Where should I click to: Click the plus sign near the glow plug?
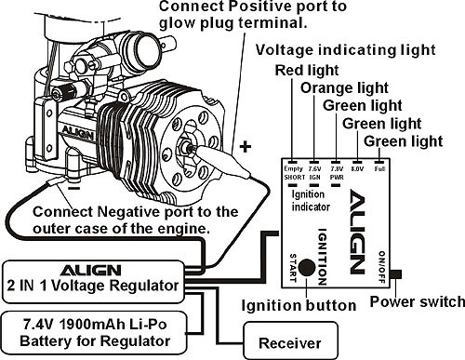point(246,146)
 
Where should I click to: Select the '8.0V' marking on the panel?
point(357,169)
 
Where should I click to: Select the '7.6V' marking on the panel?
point(315,169)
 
